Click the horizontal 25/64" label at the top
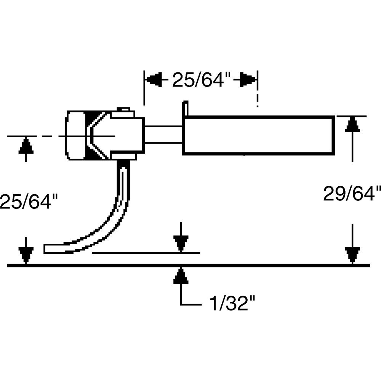tap(202, 80)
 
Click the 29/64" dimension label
tap(352, 194)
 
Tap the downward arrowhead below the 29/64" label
tap(352, 255)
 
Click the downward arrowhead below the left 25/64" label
tap(26, 255)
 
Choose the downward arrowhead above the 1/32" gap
tap(181, 243)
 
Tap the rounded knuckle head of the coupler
tap(76, 135)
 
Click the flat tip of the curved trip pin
tap(50, 249)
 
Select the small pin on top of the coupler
tap(123, 110)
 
